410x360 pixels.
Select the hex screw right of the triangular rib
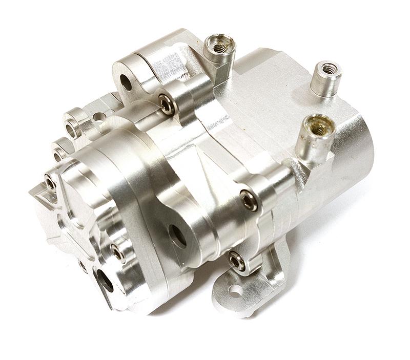(248, 200)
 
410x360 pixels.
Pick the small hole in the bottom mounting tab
(235, 291)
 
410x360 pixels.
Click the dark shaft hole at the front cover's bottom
(106, 281)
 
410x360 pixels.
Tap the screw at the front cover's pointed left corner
(50, 182)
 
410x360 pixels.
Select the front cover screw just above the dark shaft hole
(117, 253)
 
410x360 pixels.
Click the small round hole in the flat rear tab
(100, 117)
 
